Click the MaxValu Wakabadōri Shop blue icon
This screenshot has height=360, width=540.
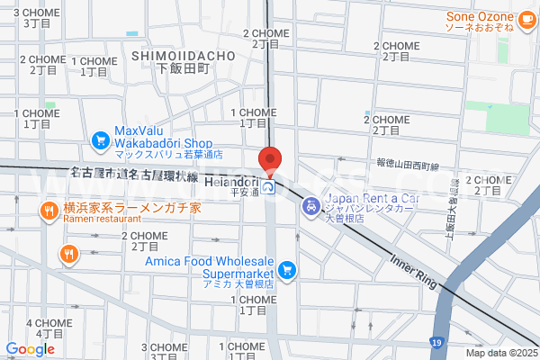click(100, 139)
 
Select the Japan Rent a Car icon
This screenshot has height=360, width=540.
click(310, 206)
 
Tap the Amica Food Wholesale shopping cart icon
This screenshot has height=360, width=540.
click(287, 268)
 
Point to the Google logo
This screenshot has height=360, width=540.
click(30, 349)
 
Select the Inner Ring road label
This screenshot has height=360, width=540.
click(413, 270)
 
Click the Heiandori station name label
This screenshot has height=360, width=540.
click(232, 182)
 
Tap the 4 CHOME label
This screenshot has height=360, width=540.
click(44, 328)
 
